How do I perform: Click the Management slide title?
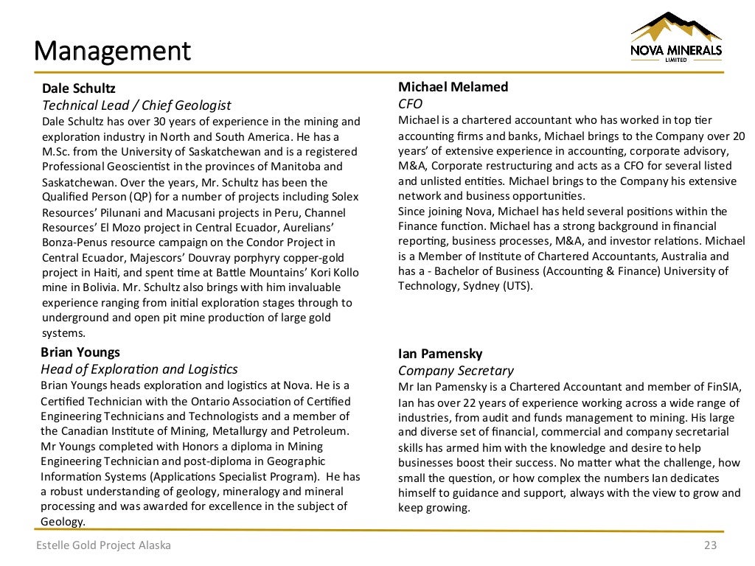click(x=112, y=51)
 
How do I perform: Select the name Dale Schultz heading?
click(x=78, y=89)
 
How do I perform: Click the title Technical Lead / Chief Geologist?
click(x=136, y=105)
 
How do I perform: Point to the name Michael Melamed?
click(x=453, y=87)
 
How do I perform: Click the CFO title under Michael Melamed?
click(x=410, y=104)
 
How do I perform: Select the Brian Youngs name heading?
click(x=80, y=352)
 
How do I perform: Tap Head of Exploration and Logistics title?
click(x=139, y=369)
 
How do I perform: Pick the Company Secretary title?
click(x=456, y=371)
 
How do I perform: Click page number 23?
click(x=710, y=545)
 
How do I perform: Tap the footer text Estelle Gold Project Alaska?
click(x=104, y=545)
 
